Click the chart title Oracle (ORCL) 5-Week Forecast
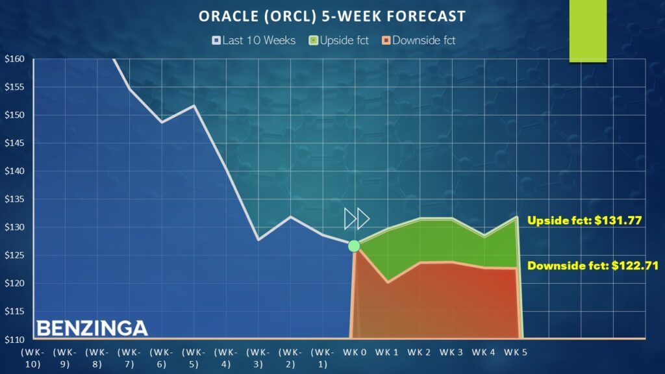pyautogui.click(x=332, y=15)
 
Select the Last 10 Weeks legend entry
pyautogui.click(x=254, y=40)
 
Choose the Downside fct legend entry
pyautogui.click(x=419, y=40)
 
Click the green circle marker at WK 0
pyautogui.click(x=354, y=245)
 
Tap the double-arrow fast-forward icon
pyautogui.click(x=357, y=219)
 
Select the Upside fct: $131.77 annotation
pyautogui.click(x=584, y=221)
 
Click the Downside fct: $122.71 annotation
pyautogui.click(x=593, y=266)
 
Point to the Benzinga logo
pyautogui.click(x=92, y=328)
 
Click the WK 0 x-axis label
pyautogui.click(x=355, y=352)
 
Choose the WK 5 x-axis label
pyautogui.click(x=516, y=352)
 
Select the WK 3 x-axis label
pyautogui.click(x=451, y=352)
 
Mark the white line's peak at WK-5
pyautogui.click(x=194, y=105)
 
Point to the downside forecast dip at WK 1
pyautogui.click(x=388, y=282)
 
